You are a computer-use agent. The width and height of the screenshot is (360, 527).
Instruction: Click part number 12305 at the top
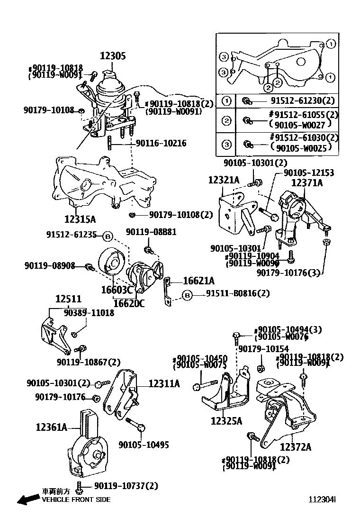coord(112,56)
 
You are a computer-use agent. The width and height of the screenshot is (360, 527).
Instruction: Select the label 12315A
coord(80,219)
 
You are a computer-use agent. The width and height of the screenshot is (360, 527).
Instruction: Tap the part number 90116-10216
coord(161,143)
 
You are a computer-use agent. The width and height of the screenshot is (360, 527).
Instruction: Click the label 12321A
coord(224,180)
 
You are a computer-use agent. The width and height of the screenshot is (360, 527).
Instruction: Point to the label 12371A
coord(306,182)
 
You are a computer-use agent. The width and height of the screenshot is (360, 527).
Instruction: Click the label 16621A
coord(198,281)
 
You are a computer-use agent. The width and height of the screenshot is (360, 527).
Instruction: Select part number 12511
coord(68,300)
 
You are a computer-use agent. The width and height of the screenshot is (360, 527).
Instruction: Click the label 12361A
coord(51,427)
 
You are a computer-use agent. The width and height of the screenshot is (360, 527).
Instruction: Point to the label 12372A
coord(295,446)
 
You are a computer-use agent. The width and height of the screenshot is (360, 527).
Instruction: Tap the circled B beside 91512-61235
coord(108,236)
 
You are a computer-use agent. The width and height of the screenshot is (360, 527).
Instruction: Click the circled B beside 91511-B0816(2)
coord(188,295)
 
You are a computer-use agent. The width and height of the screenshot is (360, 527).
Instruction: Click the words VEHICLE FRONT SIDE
coord(76,500)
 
